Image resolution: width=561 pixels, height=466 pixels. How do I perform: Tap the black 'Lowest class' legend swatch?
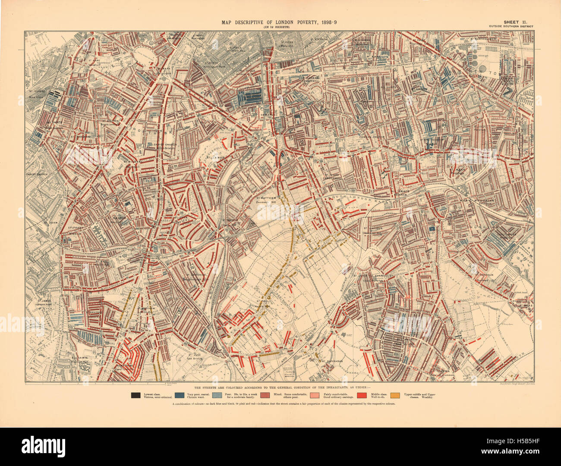pyautogui.click(x=136, y=394)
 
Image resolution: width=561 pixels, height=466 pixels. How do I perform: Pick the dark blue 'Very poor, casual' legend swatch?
pyautogui.click(x=181, y=394)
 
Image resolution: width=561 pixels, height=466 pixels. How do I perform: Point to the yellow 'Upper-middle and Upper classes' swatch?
pyautogui.click(x=395, y=394)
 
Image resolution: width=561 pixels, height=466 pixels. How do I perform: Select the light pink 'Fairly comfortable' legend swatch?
pyautogui.click(x=314, y=394)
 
